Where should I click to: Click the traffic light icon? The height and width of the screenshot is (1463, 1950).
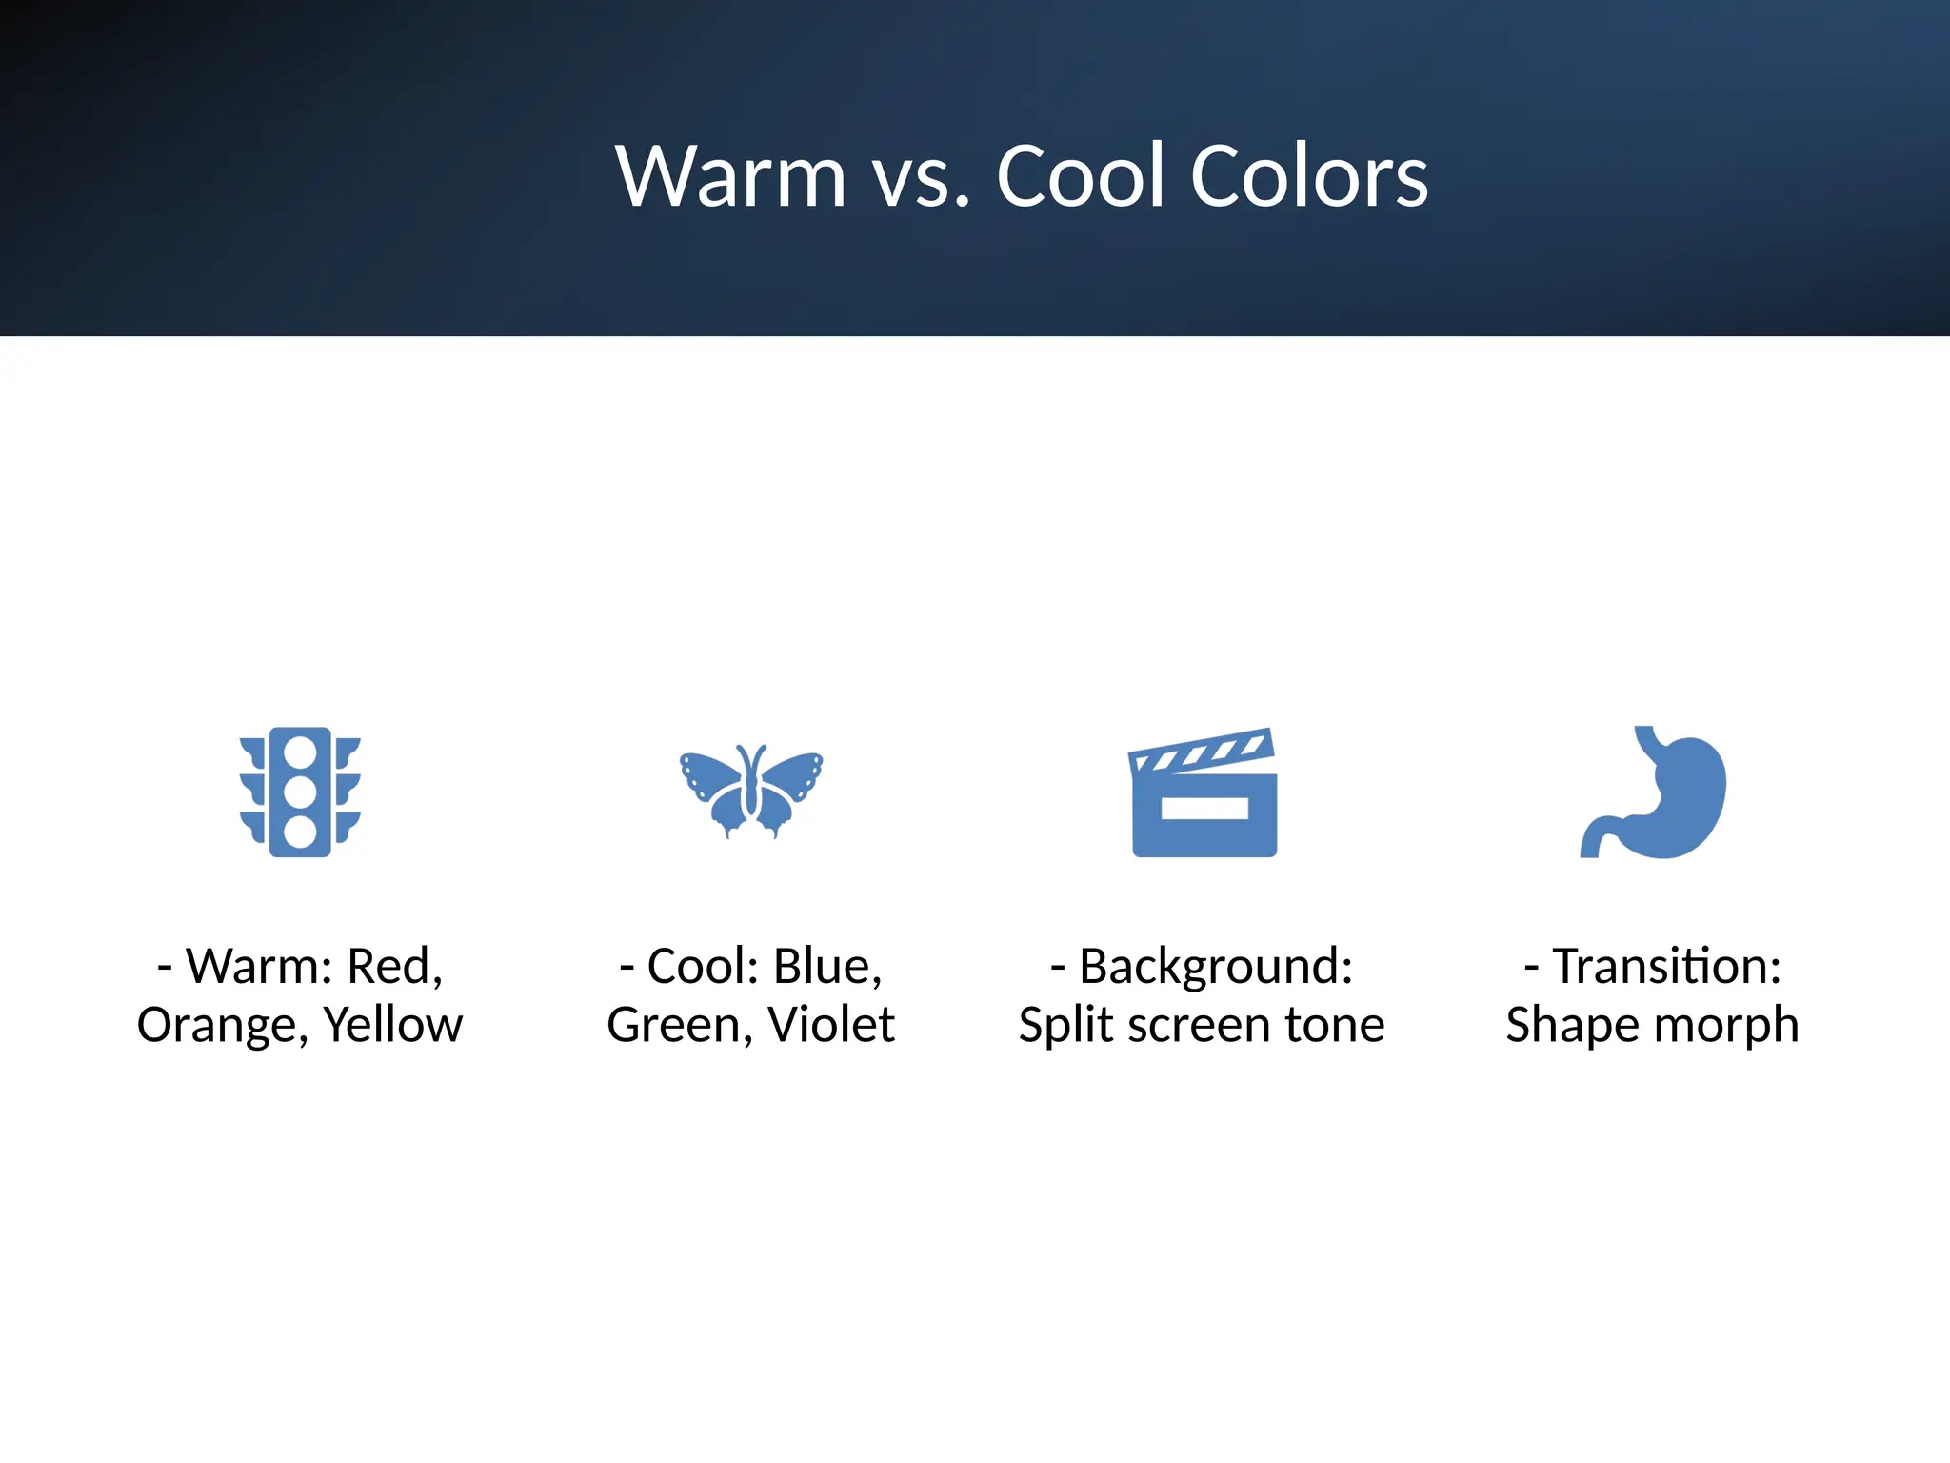pyautogui.click(x=300, y=792)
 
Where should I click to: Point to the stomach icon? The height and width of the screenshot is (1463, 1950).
pyautogui.click(x=1661, y=795)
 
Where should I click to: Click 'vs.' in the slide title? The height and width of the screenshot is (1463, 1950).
pyautogui.click(x=922, y=178)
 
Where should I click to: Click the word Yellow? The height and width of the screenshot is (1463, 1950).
pyautogui.click(x=393, y=1025)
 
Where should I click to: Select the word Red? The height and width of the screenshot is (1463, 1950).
pyautogui.click(x=392, y=967)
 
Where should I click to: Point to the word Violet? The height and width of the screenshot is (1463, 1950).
pyautogui.click(x=831, y=1025)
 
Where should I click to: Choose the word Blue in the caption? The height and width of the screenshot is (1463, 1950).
pyautogui.click(x=826, y=967)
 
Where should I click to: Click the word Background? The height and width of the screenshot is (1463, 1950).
pyautogui.click(x=1215, y=967)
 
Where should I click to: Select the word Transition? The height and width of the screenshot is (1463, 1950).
pyautogui.click(x=1666, y=967)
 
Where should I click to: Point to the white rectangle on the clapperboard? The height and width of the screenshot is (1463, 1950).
pyautogui.click(x=1204, y=809)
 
